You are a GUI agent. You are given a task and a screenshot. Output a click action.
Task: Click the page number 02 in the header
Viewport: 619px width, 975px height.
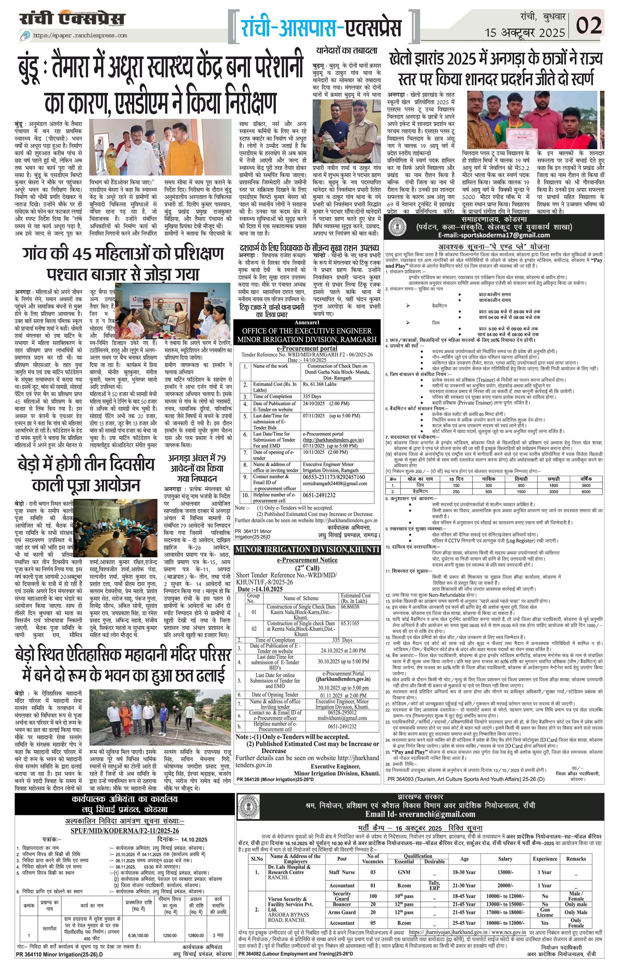pos(589,25)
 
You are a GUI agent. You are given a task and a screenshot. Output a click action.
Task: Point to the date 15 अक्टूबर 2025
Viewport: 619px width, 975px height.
pos(525,32)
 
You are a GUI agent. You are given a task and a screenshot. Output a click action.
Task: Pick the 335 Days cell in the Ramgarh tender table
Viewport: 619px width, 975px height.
pos(312,396)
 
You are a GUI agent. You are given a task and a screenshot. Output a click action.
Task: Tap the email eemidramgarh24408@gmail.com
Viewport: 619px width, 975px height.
pos(335,483)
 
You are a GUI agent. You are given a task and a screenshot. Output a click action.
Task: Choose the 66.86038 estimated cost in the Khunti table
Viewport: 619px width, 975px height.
pos(350,607)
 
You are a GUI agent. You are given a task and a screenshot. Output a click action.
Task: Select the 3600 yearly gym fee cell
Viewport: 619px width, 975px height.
pos(586,485)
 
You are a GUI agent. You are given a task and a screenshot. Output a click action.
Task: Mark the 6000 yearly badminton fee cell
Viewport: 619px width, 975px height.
pos(586,492)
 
